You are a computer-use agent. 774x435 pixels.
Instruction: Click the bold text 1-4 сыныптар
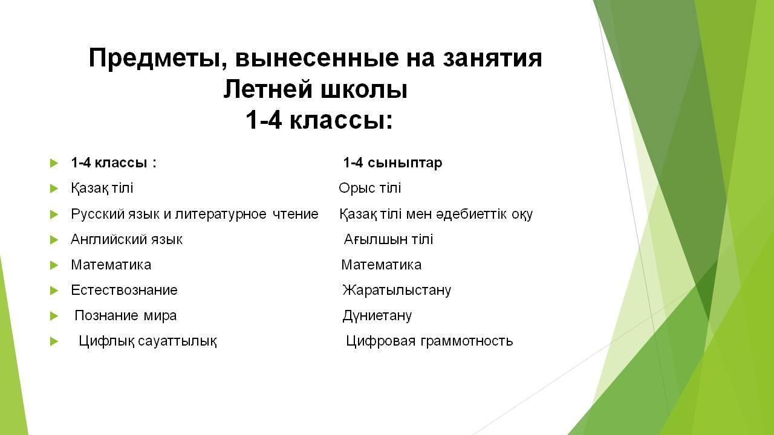click(x=392, y=163)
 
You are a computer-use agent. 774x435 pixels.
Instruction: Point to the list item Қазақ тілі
click(x=102, y=188)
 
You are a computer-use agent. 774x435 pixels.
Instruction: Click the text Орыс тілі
click(x=369, y=188)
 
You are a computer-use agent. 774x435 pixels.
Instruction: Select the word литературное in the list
click(x=221, y=214)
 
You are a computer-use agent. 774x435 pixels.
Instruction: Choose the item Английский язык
click(x=126, y=240)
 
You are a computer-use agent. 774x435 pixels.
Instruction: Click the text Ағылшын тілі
click(x=388, y=240)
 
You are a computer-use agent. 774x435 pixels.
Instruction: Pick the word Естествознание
click(x=124, y=291)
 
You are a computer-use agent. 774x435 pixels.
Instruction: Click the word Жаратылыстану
click(x=397, y=291)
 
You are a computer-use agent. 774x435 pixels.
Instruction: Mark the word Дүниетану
click(x=377, y=316)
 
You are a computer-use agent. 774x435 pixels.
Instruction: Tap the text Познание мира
click(x=125, y=316)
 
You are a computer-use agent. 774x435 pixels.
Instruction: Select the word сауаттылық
click(x=177, y=341)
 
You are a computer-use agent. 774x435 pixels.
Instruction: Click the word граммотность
click(x=466, y=341)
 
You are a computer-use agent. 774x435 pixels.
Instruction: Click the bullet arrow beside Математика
click(x=54, y=265)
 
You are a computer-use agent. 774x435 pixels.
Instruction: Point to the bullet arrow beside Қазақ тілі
click(x=54, y=188)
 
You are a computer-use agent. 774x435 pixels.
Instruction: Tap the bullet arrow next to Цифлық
click(x=54, y=342)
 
